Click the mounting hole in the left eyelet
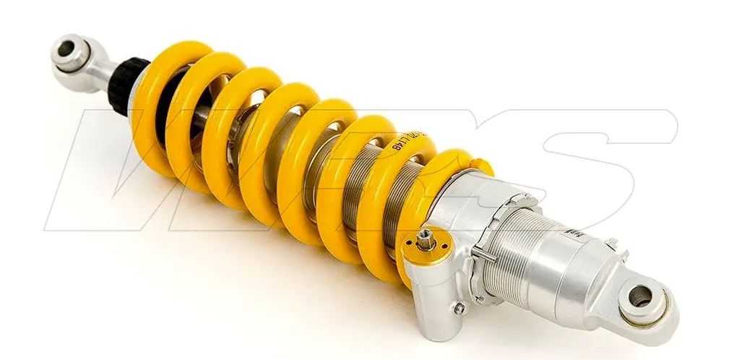coord(66,49)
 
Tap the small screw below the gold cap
coord(457,309)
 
